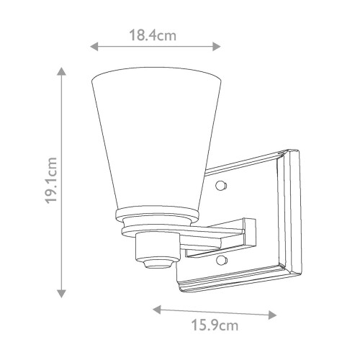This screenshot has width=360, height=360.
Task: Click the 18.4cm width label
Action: pyautogui.click(x=155, y=35)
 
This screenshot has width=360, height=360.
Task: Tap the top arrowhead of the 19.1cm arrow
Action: pyautogui.click(x=62, y=72)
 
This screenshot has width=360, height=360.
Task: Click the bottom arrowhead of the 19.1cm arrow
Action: pyautogui.click(x=62, y=293)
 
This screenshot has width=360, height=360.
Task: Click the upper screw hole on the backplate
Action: pyautogui.click(x=222, y=186)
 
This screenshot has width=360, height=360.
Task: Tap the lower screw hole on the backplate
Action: pyautogui.click(x=222, y=258)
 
